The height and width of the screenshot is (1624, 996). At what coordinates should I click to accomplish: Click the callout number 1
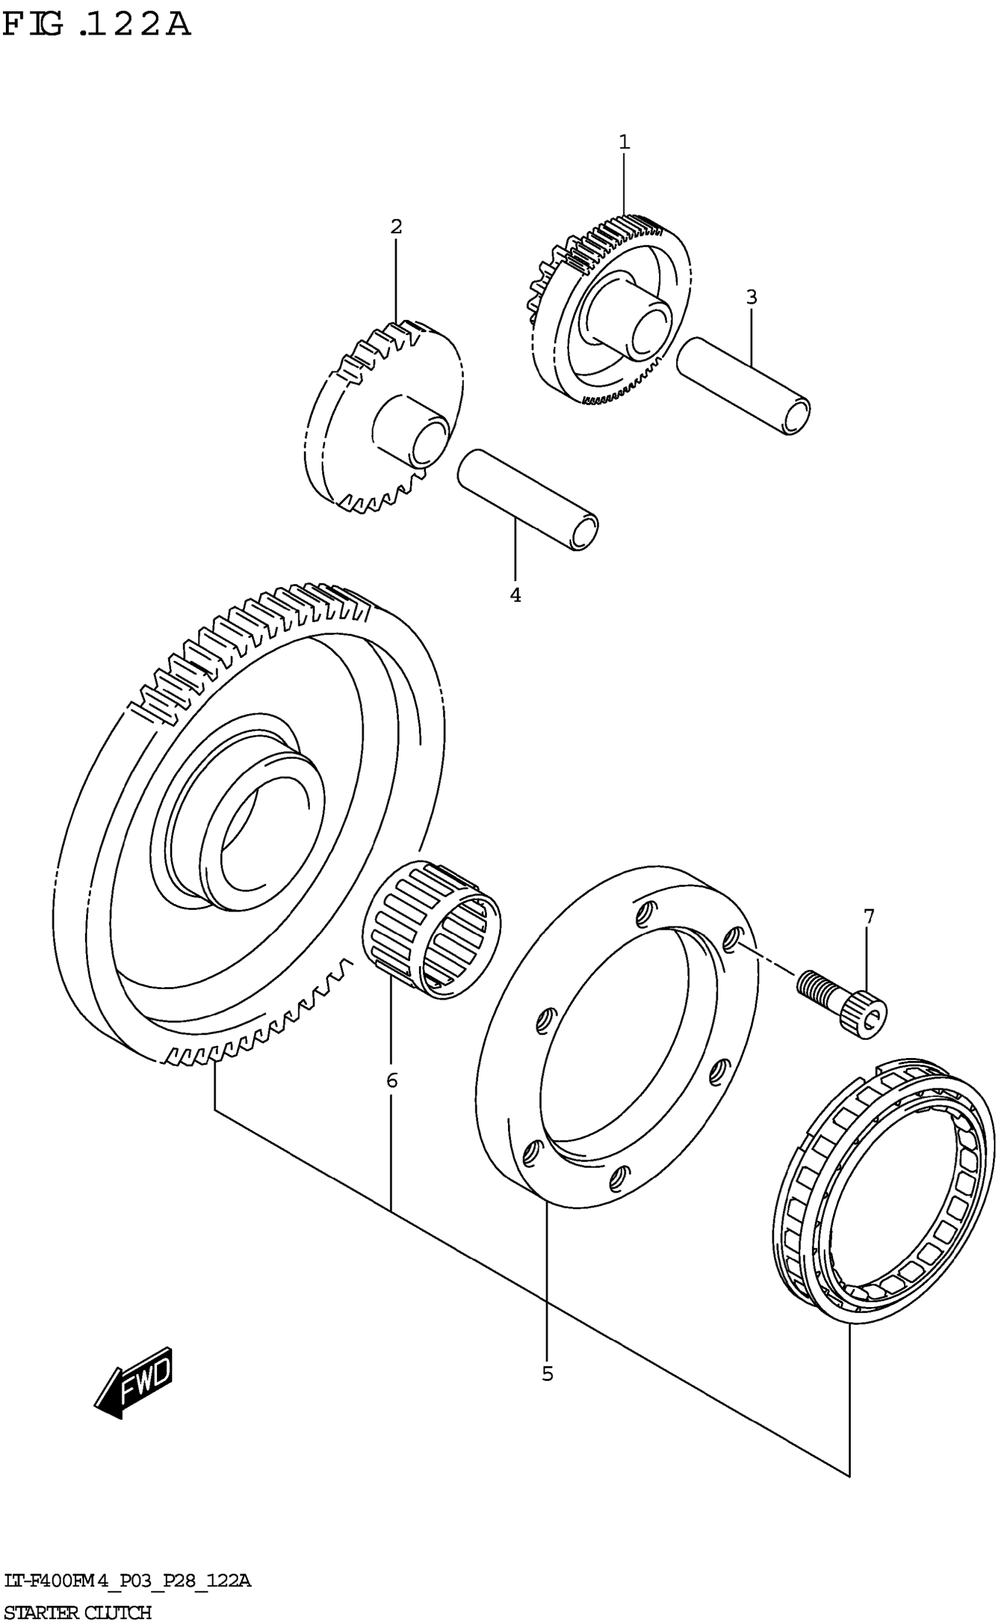pyautogui.click(x=623, y=142)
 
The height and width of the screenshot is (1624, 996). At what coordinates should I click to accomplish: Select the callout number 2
pyautogui.click(x=395, y=227)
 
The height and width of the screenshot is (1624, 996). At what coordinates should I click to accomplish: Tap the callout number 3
pyautogui.click(x=752, y=297)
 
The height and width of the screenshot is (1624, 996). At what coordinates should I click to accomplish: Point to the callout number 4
pyautogui.click(x=516, y=595)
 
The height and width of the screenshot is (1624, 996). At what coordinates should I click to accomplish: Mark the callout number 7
pyautogui.click(x=869, y=916)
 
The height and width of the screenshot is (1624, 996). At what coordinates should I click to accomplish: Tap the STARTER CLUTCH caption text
pyautogui.click(x=78, y=1612)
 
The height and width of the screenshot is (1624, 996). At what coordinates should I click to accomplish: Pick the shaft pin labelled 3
pyautogui.click(x=743, y=386)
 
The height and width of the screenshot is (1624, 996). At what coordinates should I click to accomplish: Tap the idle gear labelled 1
pyautogui.click(x=610, y=310)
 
